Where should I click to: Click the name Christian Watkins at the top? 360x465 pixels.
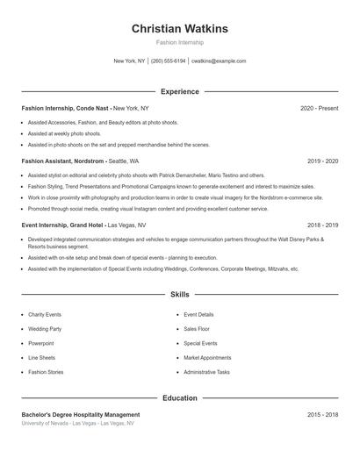pos(179,28)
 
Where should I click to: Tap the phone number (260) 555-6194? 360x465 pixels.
pos(169,61)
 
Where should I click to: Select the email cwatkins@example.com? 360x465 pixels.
pos(219,61)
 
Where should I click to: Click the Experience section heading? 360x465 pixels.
pos(179,91)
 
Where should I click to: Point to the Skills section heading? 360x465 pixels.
pos(179,295)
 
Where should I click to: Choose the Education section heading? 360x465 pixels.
pos(179,398)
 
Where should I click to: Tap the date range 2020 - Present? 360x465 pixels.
pos(319,108)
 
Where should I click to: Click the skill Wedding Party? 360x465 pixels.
pos(45,329)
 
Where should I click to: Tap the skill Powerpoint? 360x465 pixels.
pos(41,343)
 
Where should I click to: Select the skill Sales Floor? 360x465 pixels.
pos(198,329)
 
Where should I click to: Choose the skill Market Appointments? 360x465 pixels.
pos(207,358)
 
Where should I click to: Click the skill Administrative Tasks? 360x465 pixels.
pos(207,372)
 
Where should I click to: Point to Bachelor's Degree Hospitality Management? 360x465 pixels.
pos(81,414)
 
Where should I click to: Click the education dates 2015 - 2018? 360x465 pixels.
pos(323,414)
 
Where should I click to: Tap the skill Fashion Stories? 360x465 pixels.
pos(46,372)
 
